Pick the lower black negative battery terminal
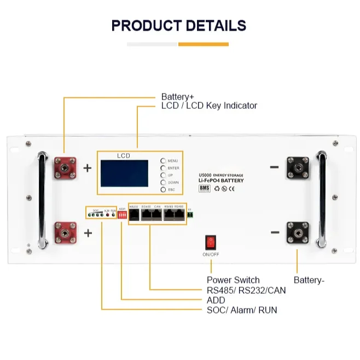(297, 233)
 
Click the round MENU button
(163, 161)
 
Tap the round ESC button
(163, 189)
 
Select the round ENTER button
(163, 168)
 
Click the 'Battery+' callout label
(178, 96)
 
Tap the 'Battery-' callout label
(309, 280)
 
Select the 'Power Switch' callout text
(233, 280)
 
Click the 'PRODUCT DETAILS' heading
(179, 26)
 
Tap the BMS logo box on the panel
(204, 188)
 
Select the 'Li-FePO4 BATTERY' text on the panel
(221, 180)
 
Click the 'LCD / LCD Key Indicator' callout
(209, 106)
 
